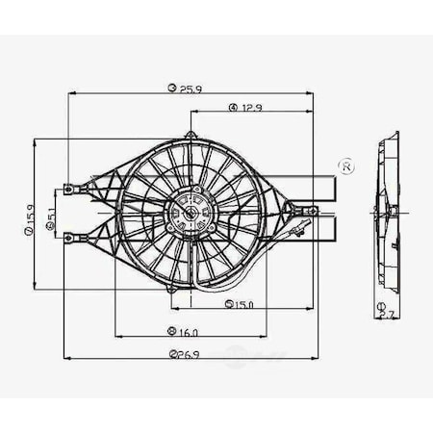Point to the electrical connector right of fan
pyautogui.click(x=302, y=229)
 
